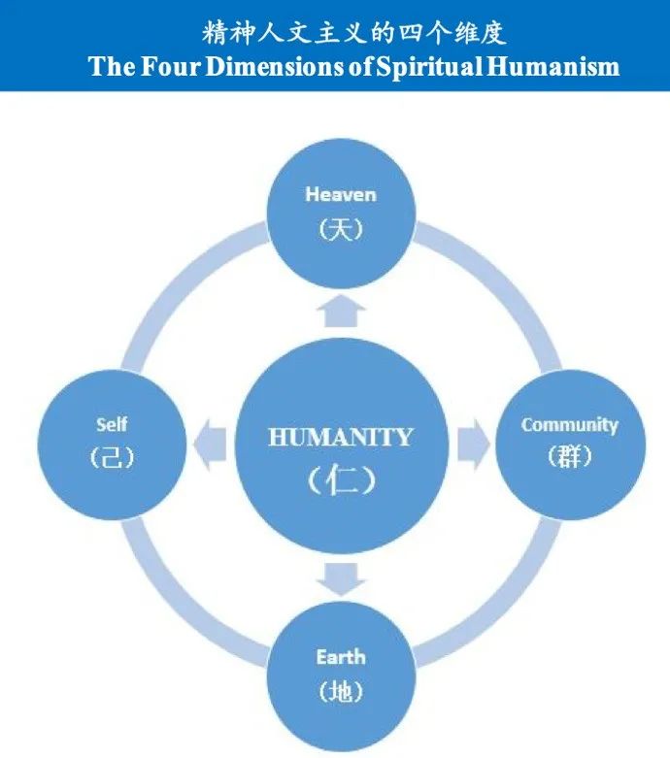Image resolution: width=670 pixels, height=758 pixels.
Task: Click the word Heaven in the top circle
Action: pyautogui.click(x=341, y=194)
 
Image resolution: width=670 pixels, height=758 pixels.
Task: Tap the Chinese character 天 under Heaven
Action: pyautogui.click(x=341, y=229)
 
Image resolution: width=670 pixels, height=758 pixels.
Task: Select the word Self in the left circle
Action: pyautogui.click(x=112, y=424)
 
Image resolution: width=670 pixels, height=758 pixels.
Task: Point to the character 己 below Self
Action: pyautogui.click(x=112, y=457)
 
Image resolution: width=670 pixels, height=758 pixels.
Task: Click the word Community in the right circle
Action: pyautogui.click(x=570, y=425)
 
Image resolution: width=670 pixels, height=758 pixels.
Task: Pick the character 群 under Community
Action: pyautogui.click(x=570, y=456)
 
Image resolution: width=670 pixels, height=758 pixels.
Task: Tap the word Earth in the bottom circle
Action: pyautogui.click(x=341, y=657)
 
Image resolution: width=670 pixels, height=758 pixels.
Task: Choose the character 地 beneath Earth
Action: pyautogui.click(x=341, y=691)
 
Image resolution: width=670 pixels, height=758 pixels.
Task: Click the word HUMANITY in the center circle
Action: pyautogui.click(x=341, y=437)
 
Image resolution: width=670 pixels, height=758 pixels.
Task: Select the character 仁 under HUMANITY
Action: pyautogui.click(x=342, y=479)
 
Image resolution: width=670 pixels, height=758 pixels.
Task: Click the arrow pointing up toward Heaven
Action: pyautogui.click(x=341, y=311)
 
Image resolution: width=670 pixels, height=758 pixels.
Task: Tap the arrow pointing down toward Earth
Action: pyautogui.click(x=341, y=578)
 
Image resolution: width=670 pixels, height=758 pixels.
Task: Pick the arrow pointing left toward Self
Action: pyautogui.click(x=210, y=445)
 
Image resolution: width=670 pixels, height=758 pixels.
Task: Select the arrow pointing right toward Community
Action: pyautogui.click(x=474, y=445)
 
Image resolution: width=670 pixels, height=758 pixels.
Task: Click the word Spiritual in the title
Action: pyautogui.click(x=429, y=66)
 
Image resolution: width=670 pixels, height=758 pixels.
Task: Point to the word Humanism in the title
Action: pyautogui.click(x=553, y=66)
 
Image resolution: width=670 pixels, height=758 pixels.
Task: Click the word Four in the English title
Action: pyautogui.click(x=171, y=66)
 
